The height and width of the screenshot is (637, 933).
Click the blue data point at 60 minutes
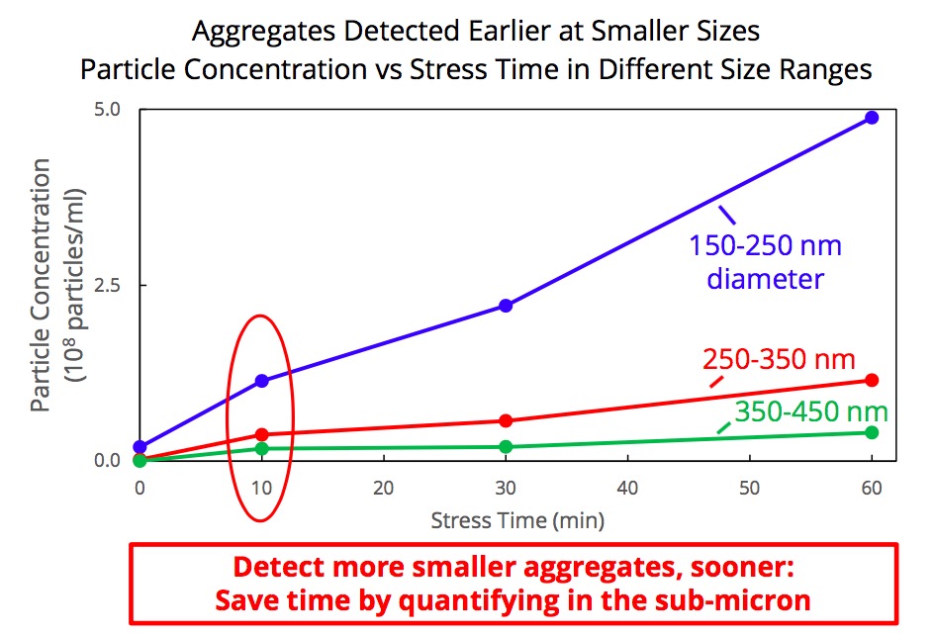(872, 117)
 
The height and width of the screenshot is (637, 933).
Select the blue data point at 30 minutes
(506, 306)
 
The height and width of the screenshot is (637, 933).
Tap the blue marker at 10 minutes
(262, 381)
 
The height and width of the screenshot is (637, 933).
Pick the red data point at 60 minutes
(872, 380)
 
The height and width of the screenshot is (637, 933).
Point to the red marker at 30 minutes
(506, 420)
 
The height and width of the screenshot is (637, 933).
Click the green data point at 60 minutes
(872, 432)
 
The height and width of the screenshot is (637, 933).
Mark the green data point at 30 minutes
(506, 446)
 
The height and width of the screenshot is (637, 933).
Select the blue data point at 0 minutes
(140, 447)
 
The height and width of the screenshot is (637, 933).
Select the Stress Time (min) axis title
(517, 519)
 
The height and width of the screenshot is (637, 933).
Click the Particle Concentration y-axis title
(42, 287)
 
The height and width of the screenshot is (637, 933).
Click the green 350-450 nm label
(810, 411)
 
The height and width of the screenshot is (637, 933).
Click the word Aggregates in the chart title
(254, 31)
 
